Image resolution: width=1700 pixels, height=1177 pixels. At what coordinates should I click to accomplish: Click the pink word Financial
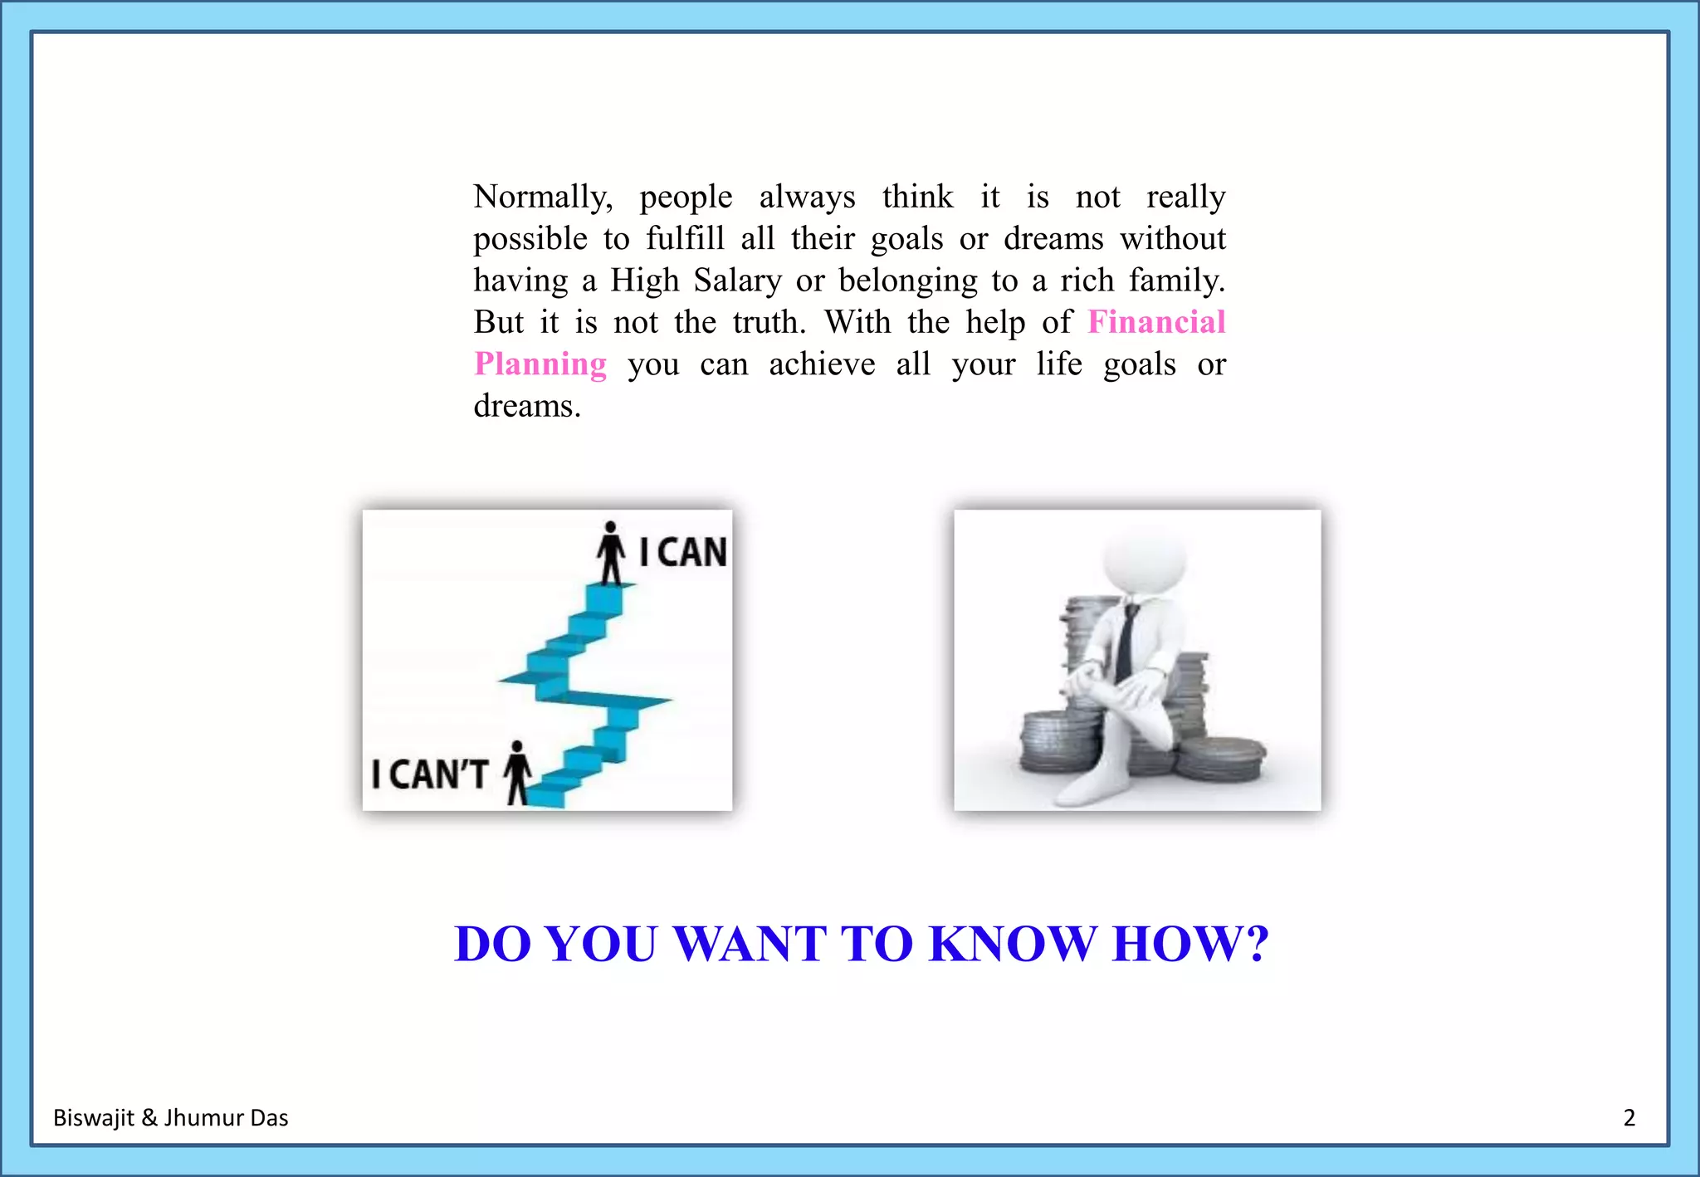click(x=1156, y=322)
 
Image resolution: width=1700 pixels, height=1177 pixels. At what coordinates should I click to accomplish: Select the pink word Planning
click(x=540, y=364)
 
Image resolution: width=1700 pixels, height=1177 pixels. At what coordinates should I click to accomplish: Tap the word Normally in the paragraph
click(x=543, y=198)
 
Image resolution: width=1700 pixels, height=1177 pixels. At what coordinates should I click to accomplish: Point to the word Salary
click(x=738, y=281)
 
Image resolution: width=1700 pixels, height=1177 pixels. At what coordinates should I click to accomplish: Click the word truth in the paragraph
click(x=769, y=322)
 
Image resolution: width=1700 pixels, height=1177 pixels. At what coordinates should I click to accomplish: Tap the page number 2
click(x=1629, y=1118)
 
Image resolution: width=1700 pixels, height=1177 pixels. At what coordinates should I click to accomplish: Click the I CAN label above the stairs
click(x=683, y=553)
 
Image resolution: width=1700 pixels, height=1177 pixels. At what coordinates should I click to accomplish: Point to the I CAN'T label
click(x=429, y=774)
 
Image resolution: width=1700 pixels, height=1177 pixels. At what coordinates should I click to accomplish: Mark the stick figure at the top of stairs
click(x=611, y=552)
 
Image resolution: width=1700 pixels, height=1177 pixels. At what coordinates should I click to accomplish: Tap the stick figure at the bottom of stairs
click(x=518, y=772)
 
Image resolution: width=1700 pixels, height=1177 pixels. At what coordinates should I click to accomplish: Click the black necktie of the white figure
click(x=1126, y=642)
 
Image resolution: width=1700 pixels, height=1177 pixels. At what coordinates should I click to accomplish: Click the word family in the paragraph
click(x=1176, y=281)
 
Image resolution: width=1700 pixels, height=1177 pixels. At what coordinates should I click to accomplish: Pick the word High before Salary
click(x=645, y=281)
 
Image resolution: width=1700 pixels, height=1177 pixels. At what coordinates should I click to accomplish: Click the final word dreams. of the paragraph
click(x=527, y=406)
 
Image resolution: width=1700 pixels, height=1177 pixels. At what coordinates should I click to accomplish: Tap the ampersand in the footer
click(x=149, y=1118)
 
